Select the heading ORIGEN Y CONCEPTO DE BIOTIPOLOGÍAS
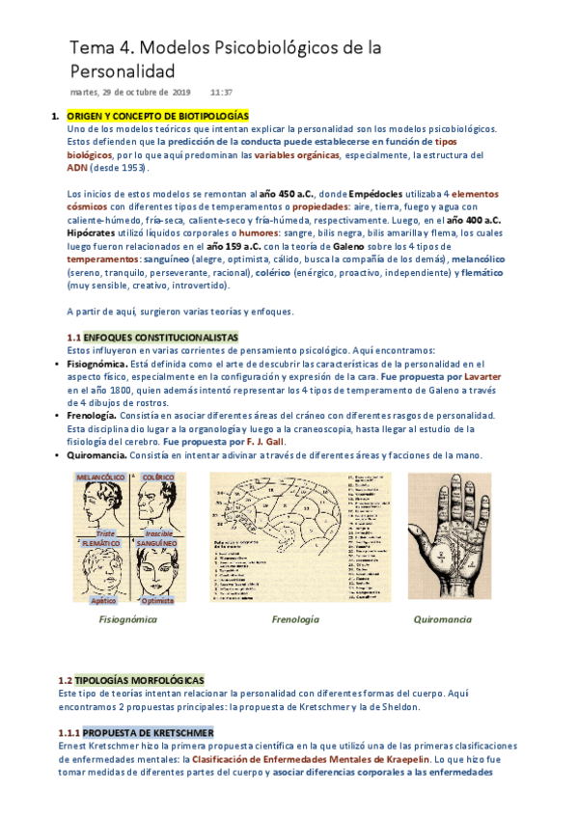[158, 116]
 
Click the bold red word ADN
[77, 167]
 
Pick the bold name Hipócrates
[94, 232]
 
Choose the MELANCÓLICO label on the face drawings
[99, 477]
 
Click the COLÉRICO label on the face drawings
[157, 477]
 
